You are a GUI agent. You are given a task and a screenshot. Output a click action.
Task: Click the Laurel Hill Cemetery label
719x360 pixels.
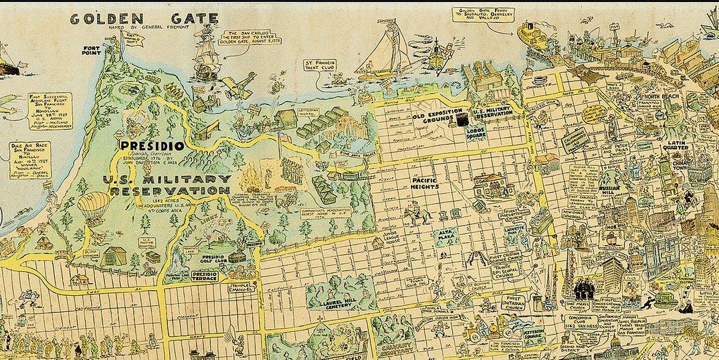pos(339,301)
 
